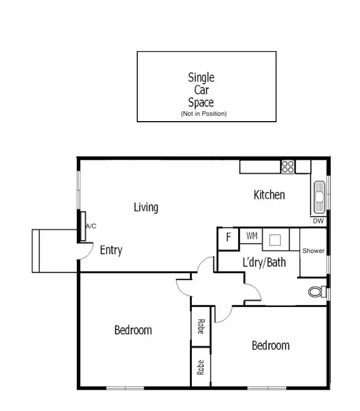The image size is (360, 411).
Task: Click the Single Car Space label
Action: coord(201,90)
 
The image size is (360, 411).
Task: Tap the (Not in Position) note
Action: coord(204,114)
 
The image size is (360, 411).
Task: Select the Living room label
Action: coord(146,207)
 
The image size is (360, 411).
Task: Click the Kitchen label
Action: coord(269,195)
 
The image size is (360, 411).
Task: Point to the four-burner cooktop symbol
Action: coord(288,167)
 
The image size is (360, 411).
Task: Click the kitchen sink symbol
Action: coord(319,195)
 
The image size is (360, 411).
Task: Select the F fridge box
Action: coord(228,238)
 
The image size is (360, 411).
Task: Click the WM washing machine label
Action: coord(252,235)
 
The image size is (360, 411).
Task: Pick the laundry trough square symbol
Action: coord(275,239)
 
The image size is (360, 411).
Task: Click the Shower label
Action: coord(313,251)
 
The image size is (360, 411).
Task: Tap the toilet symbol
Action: coord(317,292)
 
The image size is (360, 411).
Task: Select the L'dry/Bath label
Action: coord(264,262)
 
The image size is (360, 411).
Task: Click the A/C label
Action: coord(91,226)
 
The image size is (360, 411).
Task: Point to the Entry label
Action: coord(111,250)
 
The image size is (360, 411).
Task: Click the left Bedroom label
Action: coord(133,330)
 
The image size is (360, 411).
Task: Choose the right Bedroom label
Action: coord(270,345)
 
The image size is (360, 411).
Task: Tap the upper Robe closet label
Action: coord(201,326)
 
